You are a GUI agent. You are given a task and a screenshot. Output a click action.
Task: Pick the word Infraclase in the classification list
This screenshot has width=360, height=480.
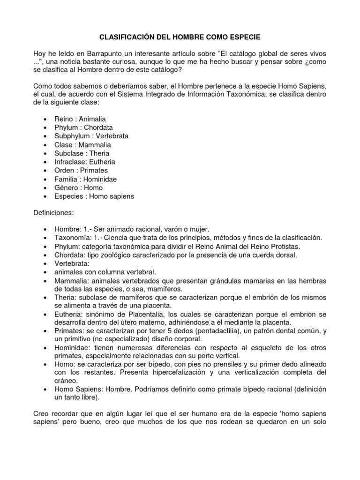coord(70,162)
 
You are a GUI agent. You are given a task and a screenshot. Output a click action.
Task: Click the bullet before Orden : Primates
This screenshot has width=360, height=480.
coord(44,171)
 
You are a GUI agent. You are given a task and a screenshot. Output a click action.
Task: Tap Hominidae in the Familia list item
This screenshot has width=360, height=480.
coord(100,179)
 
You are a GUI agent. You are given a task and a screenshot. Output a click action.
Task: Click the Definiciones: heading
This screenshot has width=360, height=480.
coord(53,213)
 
